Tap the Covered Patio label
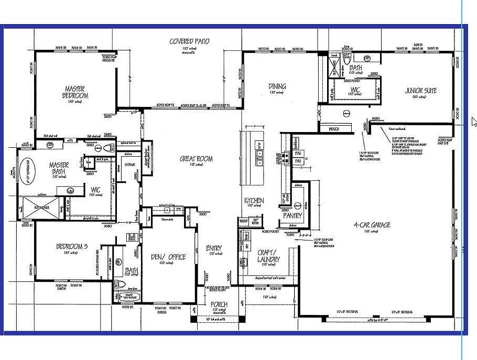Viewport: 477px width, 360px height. click(x=189, y=41)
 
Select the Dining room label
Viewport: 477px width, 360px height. click(x=277, y=86)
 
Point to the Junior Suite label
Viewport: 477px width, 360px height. click(x=421, y=90)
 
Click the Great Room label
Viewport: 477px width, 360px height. click(x=196, y=159)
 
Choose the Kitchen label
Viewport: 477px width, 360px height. click(x=254, y=201)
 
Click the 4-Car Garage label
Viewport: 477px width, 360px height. click(x=372, y=225)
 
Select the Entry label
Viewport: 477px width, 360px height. click(x=214, y=248)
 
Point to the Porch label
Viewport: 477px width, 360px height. click(x=219, y=304)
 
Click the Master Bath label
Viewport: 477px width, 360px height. click(x=59, y=168)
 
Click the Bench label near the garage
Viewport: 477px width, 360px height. click(x=334, y=128)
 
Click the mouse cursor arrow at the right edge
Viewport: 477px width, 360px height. click(x=473, y=122)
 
